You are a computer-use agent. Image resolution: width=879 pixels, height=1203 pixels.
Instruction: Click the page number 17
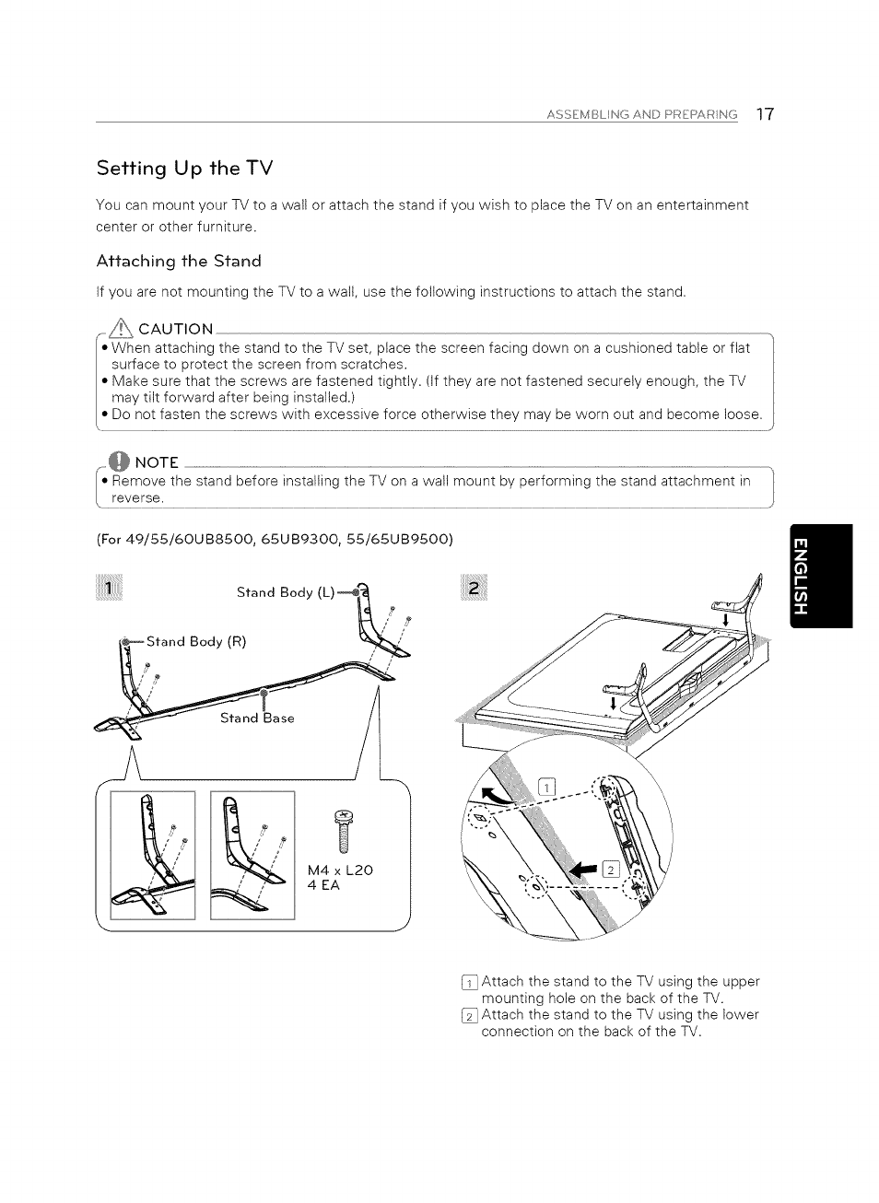point(765,114)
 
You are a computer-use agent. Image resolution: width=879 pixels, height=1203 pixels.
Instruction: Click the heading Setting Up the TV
point(185,169)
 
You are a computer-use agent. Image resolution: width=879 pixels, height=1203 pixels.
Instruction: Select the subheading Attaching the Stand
point(179,261)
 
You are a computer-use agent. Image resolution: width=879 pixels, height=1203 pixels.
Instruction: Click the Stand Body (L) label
point(285,592)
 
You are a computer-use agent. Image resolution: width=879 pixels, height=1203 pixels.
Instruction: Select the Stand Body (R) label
point(196,641)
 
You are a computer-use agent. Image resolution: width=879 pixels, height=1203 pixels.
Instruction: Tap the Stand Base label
point(257,718)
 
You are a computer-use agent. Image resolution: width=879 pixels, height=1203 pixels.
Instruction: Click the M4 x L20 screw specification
point(340,870)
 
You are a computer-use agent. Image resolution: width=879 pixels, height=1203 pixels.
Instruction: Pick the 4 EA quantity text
point(323,886)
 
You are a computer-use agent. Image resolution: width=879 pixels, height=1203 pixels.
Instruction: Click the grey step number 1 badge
point(109,590)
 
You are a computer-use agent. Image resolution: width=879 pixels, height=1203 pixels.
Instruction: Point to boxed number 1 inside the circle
point(546,787)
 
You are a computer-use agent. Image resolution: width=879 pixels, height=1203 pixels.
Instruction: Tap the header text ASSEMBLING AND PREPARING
point(642,115)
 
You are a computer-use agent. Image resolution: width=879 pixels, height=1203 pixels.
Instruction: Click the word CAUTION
point(175,329)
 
